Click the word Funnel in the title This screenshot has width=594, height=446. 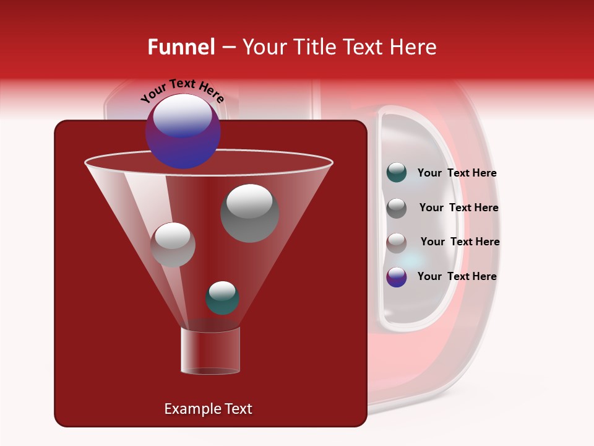coord(181,47)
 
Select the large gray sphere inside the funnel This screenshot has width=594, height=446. coord(250,213)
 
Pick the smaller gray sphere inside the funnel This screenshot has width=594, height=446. coord(173,245)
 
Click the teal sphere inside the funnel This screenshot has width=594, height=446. coord(222,298)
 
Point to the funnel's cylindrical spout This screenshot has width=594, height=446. coord(210,351)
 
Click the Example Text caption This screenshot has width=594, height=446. coord(208,409)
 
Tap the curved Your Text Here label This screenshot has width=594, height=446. coord(183,90)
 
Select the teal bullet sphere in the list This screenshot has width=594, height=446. coord(397,173)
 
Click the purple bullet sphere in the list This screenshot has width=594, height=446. coord(397,277)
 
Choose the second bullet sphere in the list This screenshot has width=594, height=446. coord(397,208)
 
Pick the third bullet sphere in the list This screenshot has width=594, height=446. coord(397,242)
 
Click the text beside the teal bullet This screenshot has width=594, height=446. coord(457,173)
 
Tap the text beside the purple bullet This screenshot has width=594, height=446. coord(457,276)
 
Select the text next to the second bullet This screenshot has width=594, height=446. coord(458,208)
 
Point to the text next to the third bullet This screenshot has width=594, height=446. coord(460,242)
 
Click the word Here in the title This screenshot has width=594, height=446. coord(413,47)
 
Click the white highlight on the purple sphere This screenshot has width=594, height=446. coord(182,116)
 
